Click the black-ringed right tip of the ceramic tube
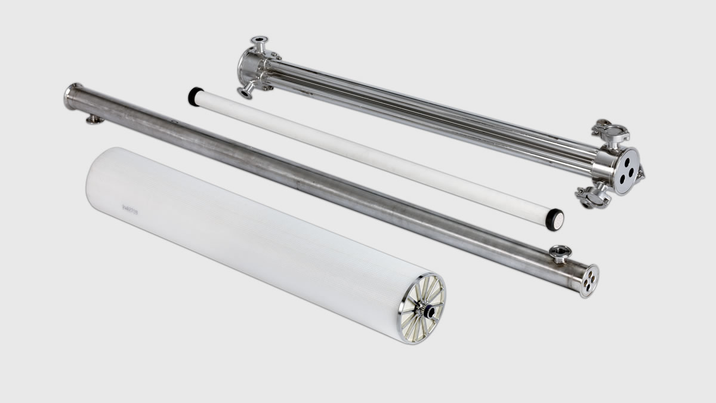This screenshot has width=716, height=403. coord(555,219)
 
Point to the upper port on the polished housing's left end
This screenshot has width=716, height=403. coord(259,42)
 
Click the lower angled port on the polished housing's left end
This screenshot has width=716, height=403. coord(245,91)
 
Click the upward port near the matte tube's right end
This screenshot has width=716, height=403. coord(560,253)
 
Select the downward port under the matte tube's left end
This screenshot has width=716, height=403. coord(94,119)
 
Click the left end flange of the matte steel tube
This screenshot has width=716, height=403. coord(71,97)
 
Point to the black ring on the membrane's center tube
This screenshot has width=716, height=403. coord(428,310)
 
